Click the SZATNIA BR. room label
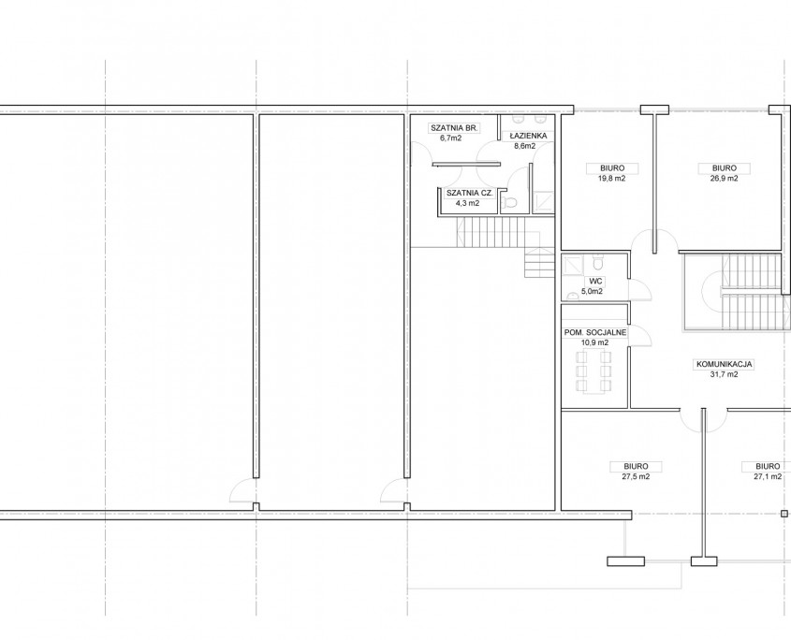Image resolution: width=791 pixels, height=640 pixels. point(454,128)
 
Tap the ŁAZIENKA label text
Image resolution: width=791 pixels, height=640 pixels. point(528,137)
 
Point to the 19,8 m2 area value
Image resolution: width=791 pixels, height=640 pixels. point(612,178)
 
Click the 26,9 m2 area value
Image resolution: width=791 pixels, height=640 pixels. point(724,178)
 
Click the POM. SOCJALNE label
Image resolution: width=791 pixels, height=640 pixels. point(595,333)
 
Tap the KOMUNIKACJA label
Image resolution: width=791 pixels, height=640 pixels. point(725,364)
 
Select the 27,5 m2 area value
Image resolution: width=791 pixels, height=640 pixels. point(636,476)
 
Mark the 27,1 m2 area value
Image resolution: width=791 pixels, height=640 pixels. point(768,476)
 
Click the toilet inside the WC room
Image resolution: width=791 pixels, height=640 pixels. point(598,263)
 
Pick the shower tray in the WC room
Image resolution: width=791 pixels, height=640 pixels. point(573,265)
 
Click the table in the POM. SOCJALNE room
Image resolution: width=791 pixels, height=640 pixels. point(594,372)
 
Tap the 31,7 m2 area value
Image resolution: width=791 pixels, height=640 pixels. point(724,373)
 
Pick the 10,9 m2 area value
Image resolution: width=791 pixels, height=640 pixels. point(595,342)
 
